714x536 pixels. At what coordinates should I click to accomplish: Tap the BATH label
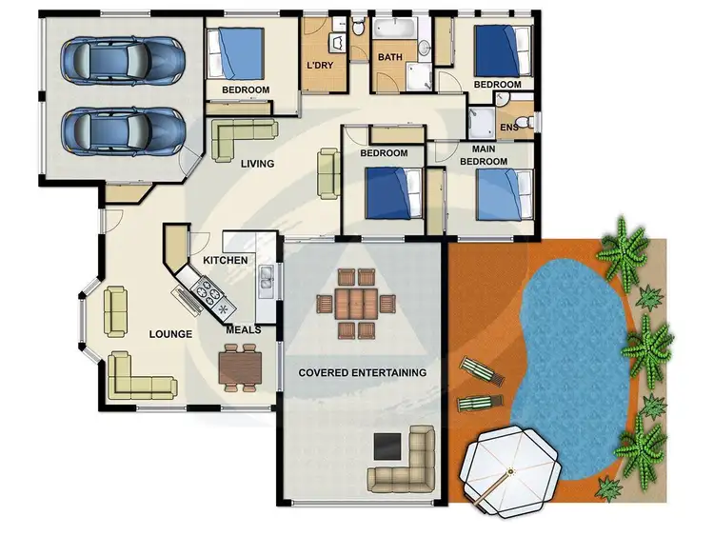[x=390, y=57]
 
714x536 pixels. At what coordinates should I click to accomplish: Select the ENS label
[x=509, y=127]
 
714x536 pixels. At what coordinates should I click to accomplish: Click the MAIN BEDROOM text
[x=483, y=155]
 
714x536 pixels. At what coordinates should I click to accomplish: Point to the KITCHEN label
[x=226, y=260]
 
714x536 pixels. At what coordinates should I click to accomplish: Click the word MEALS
[x=244, y=330]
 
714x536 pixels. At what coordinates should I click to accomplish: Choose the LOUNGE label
[x=170, y=334]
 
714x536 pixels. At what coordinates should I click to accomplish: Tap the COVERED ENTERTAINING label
[x=362, y=372]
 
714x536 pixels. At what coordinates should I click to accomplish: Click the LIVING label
[x=257, y=164]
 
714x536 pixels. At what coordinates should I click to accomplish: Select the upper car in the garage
[x=122, y=59]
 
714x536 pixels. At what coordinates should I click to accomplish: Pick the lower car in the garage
[x=122, y=129]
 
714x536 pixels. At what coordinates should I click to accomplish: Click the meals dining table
[x=239, y=367]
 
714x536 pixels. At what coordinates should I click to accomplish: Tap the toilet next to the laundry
[x=358, y=28]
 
